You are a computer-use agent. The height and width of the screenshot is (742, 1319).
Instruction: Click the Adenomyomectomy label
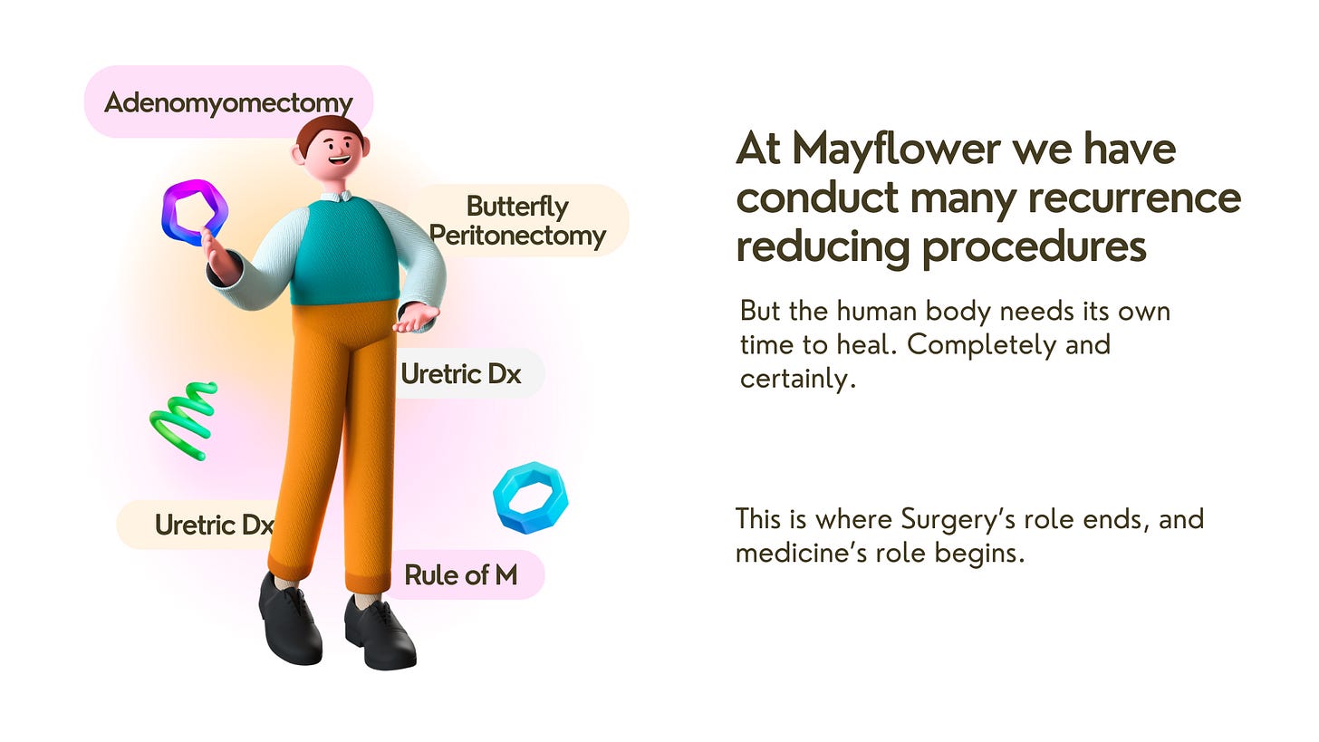click(x=227, y=101)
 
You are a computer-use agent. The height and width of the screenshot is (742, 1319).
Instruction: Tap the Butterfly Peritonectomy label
click(x=517, y=221)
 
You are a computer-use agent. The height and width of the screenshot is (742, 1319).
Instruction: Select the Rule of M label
click(x=460, y=574)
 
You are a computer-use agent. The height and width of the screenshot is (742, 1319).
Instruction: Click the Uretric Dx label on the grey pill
click(x=460, y=373)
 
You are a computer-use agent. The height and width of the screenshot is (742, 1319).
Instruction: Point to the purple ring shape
click(x=194, y=211)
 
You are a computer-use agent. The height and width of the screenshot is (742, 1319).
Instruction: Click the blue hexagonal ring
click(x=530, y=497)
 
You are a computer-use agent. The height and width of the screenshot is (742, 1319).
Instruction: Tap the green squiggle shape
click(x=184, y=419)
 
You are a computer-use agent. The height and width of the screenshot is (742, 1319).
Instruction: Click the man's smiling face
click(x=333, y=154)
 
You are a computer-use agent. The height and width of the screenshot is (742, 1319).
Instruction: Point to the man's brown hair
click(x=328, y=127)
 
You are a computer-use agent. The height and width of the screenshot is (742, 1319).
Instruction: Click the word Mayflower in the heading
click(x=876, y=149)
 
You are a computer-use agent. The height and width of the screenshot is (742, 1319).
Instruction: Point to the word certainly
click(x=796, y=379)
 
